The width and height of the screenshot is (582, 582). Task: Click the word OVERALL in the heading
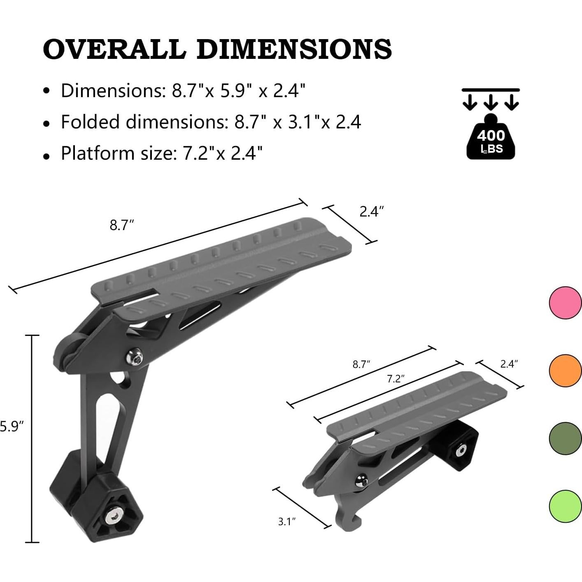pyautogui.click(x=114, y=49)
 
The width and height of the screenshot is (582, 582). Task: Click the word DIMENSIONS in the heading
pyautogui.click(x=294, y=49)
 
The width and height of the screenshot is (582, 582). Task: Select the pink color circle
pyautogui.click(x=565, y=303)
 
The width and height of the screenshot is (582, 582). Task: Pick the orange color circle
pyautogui.click(x=565, y=370)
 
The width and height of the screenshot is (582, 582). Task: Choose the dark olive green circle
pyautogui.click(x=565, y=438)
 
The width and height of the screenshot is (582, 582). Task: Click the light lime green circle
pyautogui.click(x=565, y=506)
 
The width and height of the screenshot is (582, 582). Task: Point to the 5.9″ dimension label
pyautogui.click(x=9, y=426)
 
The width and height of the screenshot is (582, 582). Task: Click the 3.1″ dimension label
pyautogui.click(x=287, y=522)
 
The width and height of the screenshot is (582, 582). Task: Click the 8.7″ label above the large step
pyautogui.click(x=122, y=225)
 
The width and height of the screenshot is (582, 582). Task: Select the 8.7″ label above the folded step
pyautogui.click(x=361, y=364)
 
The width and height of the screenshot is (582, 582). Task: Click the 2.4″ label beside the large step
pyautogui.click(x=371, y=212)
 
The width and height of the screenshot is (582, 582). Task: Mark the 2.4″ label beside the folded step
pyautogui.click(x=509, y=363)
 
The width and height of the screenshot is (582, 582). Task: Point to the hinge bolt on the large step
pyautogui.click(x=135, y=356)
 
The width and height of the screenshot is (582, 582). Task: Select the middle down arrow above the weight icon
pyautogui.click(x=490, y=102)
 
